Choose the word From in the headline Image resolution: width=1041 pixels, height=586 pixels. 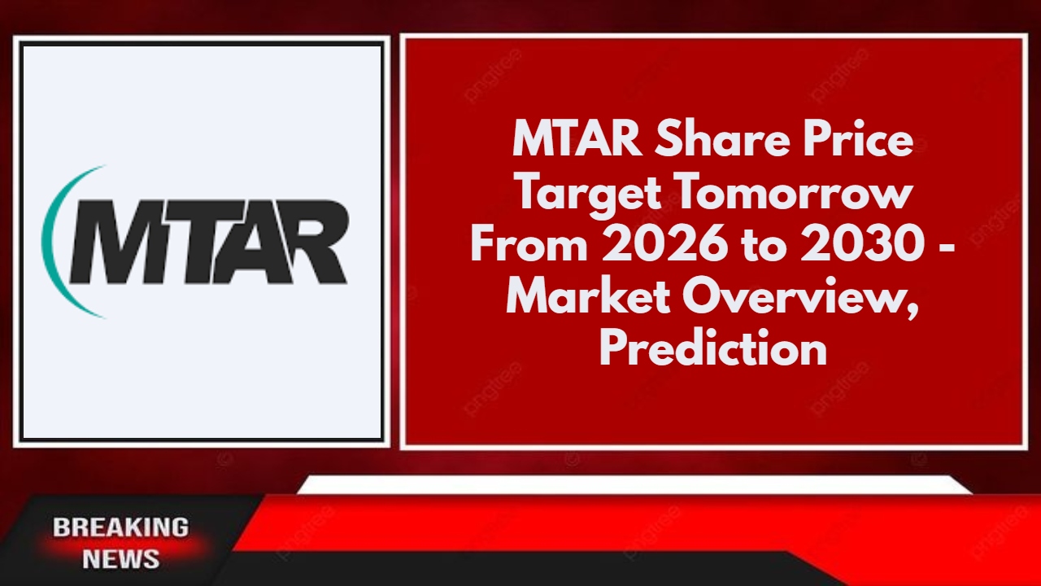tap(529, 247)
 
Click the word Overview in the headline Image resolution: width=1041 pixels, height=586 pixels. tap(801, 298)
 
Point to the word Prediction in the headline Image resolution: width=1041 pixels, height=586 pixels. tap(713, 350)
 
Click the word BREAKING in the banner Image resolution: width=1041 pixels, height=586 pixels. tap(120, 527)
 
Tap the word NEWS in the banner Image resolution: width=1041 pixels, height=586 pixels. tap(120, 559)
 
